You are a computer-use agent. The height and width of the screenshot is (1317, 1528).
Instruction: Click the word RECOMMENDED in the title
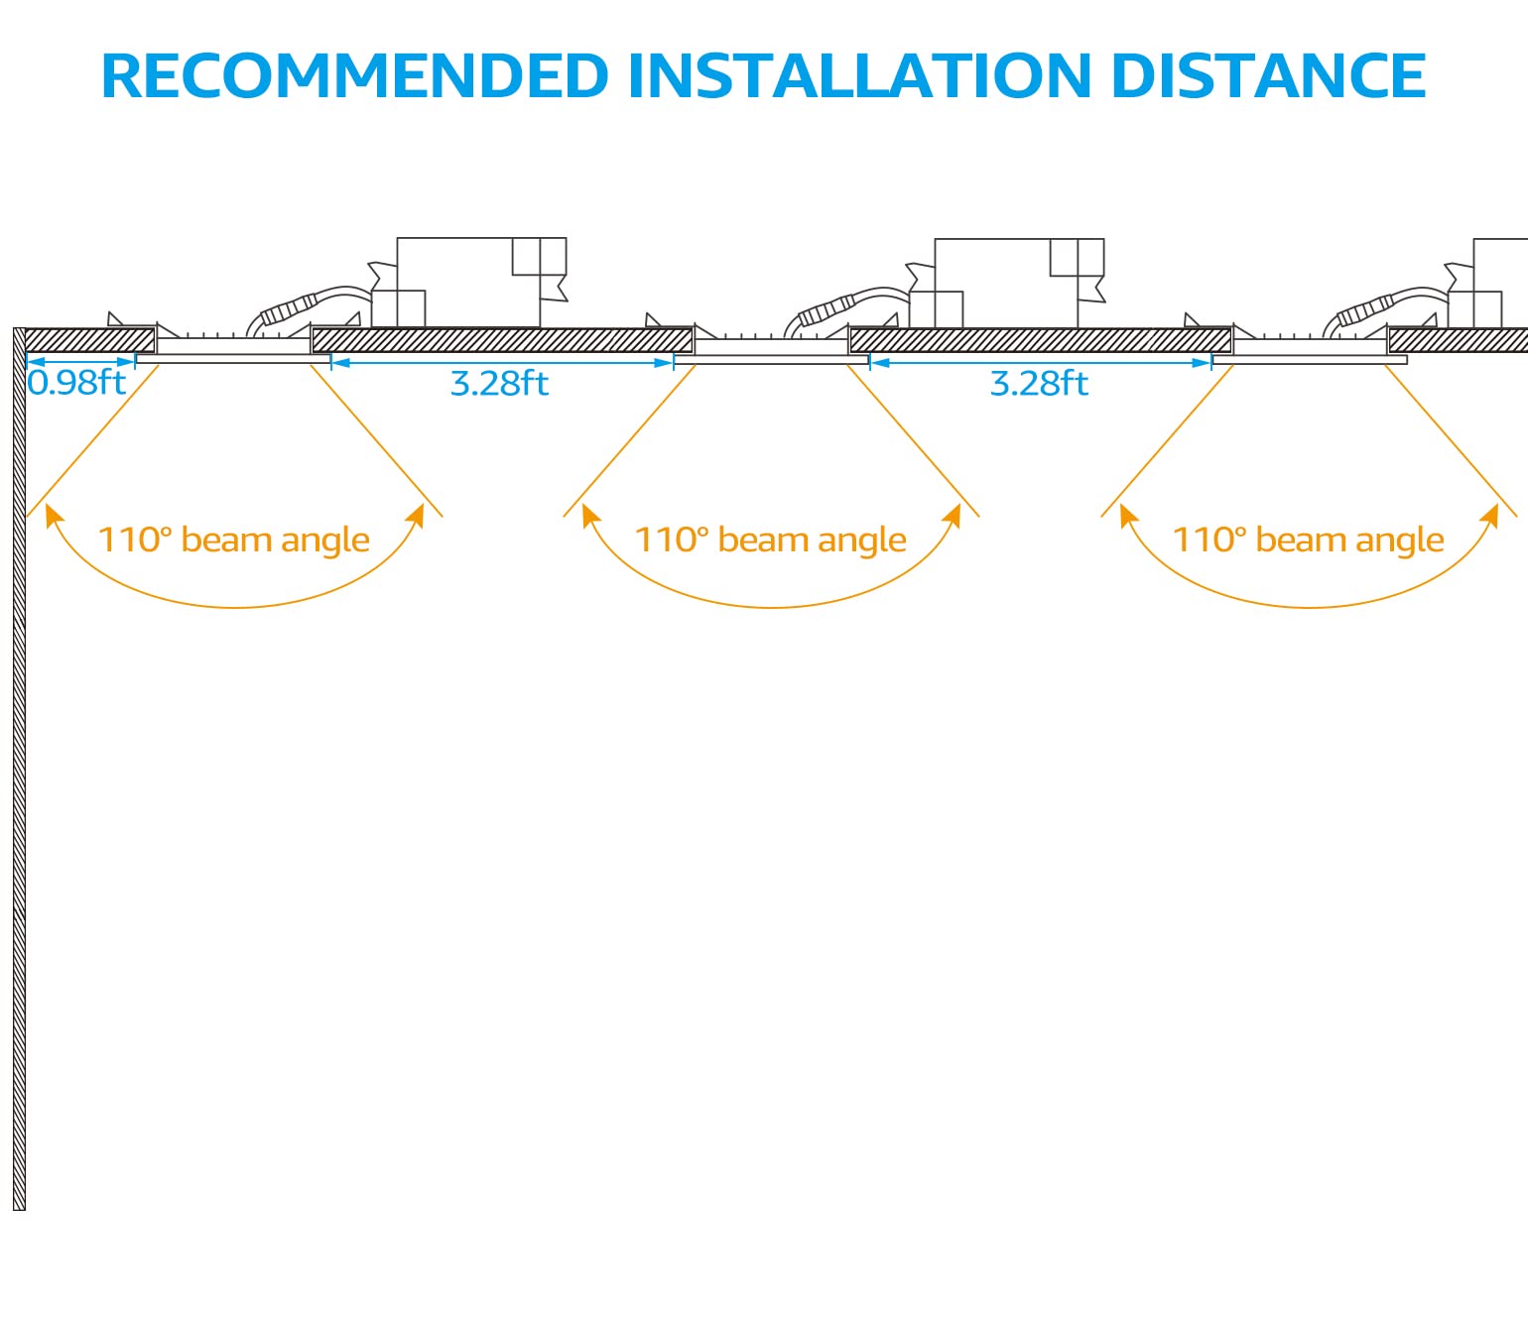pos(354,76)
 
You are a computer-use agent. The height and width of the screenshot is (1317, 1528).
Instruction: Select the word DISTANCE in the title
pos(1268,76)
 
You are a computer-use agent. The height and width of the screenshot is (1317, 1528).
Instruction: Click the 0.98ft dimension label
pos(76,383)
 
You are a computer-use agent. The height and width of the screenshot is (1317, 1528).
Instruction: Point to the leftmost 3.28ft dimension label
pos(499,384)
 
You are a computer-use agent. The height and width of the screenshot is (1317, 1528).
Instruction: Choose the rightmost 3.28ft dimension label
pos(1039,384)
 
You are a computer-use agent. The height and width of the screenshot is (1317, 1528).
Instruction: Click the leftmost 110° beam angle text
pos(233,540)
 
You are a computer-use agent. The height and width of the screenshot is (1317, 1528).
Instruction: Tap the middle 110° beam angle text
pos(770,540)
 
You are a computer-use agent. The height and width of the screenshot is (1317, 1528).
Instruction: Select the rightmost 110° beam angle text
pos(1308,540)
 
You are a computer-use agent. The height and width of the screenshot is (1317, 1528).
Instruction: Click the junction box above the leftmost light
pos(469,283)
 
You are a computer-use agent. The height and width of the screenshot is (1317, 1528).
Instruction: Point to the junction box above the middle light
pos(1007,284)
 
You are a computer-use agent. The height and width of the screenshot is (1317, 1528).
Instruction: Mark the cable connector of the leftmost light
pos(287,310)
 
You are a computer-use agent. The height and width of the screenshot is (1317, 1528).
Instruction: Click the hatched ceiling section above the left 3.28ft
pos(502,340)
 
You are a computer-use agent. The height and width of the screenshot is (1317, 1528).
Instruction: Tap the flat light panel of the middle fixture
pos(771,360)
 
